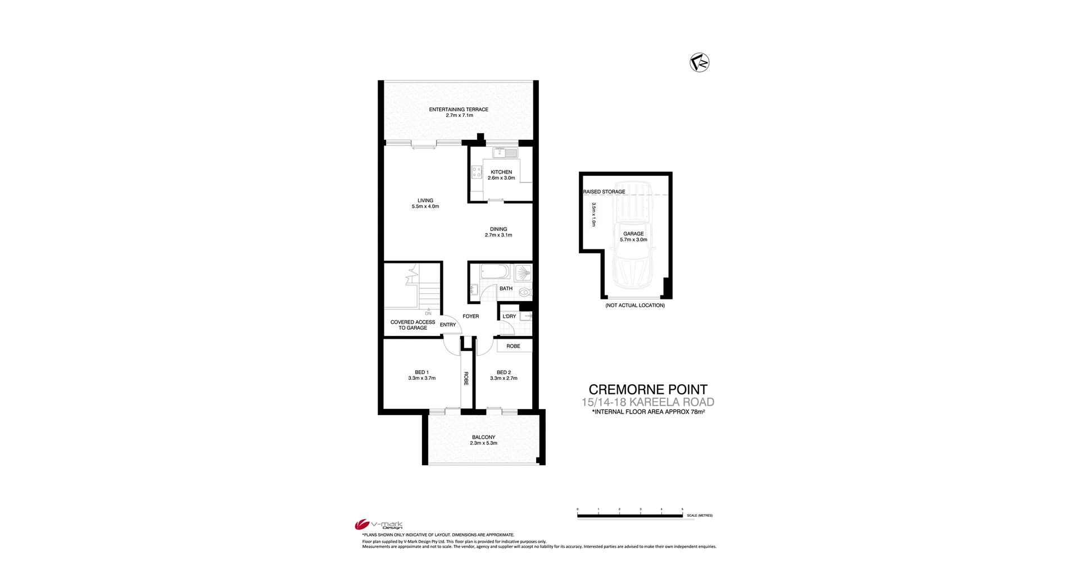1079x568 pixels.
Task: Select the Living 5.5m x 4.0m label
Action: (425, 203)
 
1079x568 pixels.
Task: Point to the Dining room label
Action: (498, 229)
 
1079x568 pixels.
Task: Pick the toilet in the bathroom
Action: (525, 292)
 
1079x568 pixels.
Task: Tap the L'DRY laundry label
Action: (509, 316)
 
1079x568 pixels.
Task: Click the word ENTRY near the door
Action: (448, 325)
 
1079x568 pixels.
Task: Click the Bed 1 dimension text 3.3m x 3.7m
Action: (421, 378)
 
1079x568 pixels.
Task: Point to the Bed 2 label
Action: (504, 372)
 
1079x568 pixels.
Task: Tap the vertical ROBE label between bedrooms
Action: (466, 379)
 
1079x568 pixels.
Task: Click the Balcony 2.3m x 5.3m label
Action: (483, 440)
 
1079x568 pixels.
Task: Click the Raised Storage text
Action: (604, 192)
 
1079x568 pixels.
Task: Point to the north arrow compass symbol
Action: (699, 62)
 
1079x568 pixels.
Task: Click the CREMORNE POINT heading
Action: (647, 389)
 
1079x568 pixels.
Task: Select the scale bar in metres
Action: (629, 515)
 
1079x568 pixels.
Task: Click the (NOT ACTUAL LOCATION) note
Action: (635, 306)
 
